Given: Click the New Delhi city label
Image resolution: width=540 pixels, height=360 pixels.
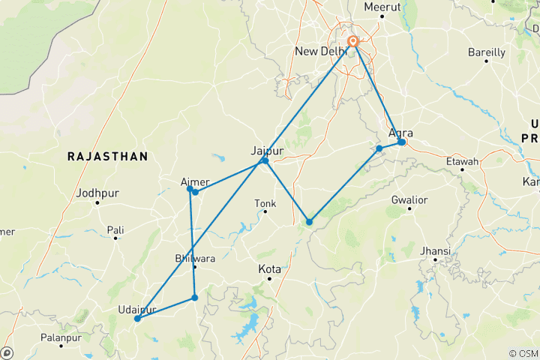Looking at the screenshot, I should pyautogui.click(x=322, y=51).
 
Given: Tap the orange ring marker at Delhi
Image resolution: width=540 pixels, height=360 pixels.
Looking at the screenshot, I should pyautogui.click(x=352, y=42).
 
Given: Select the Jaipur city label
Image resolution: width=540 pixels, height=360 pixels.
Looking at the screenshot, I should pyautogui.click(x=267, y=150).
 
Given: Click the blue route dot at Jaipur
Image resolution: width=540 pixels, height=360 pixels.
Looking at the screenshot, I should pyautogui.click(x=265, y=160).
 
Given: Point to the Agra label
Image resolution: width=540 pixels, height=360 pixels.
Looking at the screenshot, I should pyautogui.click(x=400, y=133).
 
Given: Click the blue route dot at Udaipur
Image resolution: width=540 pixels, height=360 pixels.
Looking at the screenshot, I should pyautogui.click(x=137, y=319).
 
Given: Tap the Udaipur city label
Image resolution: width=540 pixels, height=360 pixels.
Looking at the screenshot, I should pyautogui.click(x=137, y=309).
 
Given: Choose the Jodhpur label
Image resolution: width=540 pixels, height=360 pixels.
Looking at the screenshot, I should pyautogui.click(x=97, y=193).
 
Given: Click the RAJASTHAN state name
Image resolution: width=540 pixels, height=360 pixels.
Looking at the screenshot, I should pyautogui.click(x=107, y=156).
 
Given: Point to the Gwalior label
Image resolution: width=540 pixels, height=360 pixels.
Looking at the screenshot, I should pyautogui.click(x=409, y=200).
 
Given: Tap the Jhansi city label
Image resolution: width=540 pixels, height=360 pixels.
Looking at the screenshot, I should pyautogui.click(x=436, y=250).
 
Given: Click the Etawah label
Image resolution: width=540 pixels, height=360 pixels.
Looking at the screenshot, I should pyautogui.click(x=462, y=161).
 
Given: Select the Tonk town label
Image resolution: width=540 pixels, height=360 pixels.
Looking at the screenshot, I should pyautogui.click(x=265, y=203).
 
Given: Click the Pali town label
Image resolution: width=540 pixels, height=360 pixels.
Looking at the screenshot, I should pyautogui.click(x=115, y=229).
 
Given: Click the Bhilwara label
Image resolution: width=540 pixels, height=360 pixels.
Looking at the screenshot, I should pyautogui.click(x=194, y=259).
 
